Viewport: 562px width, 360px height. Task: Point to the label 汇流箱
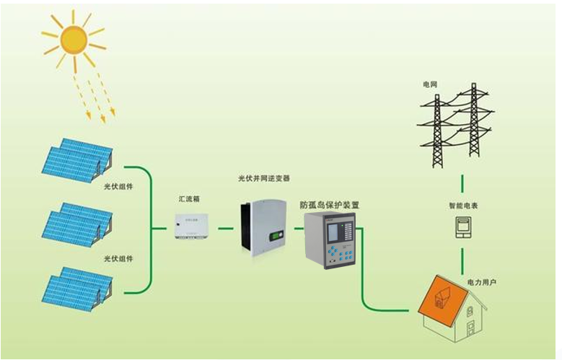(190, 197)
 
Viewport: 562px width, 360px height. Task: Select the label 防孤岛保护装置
(330, 206)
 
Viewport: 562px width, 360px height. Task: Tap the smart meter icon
(462, 228)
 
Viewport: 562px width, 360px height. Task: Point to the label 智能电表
(462, 206)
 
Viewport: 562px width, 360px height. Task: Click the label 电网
(430, 84)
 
